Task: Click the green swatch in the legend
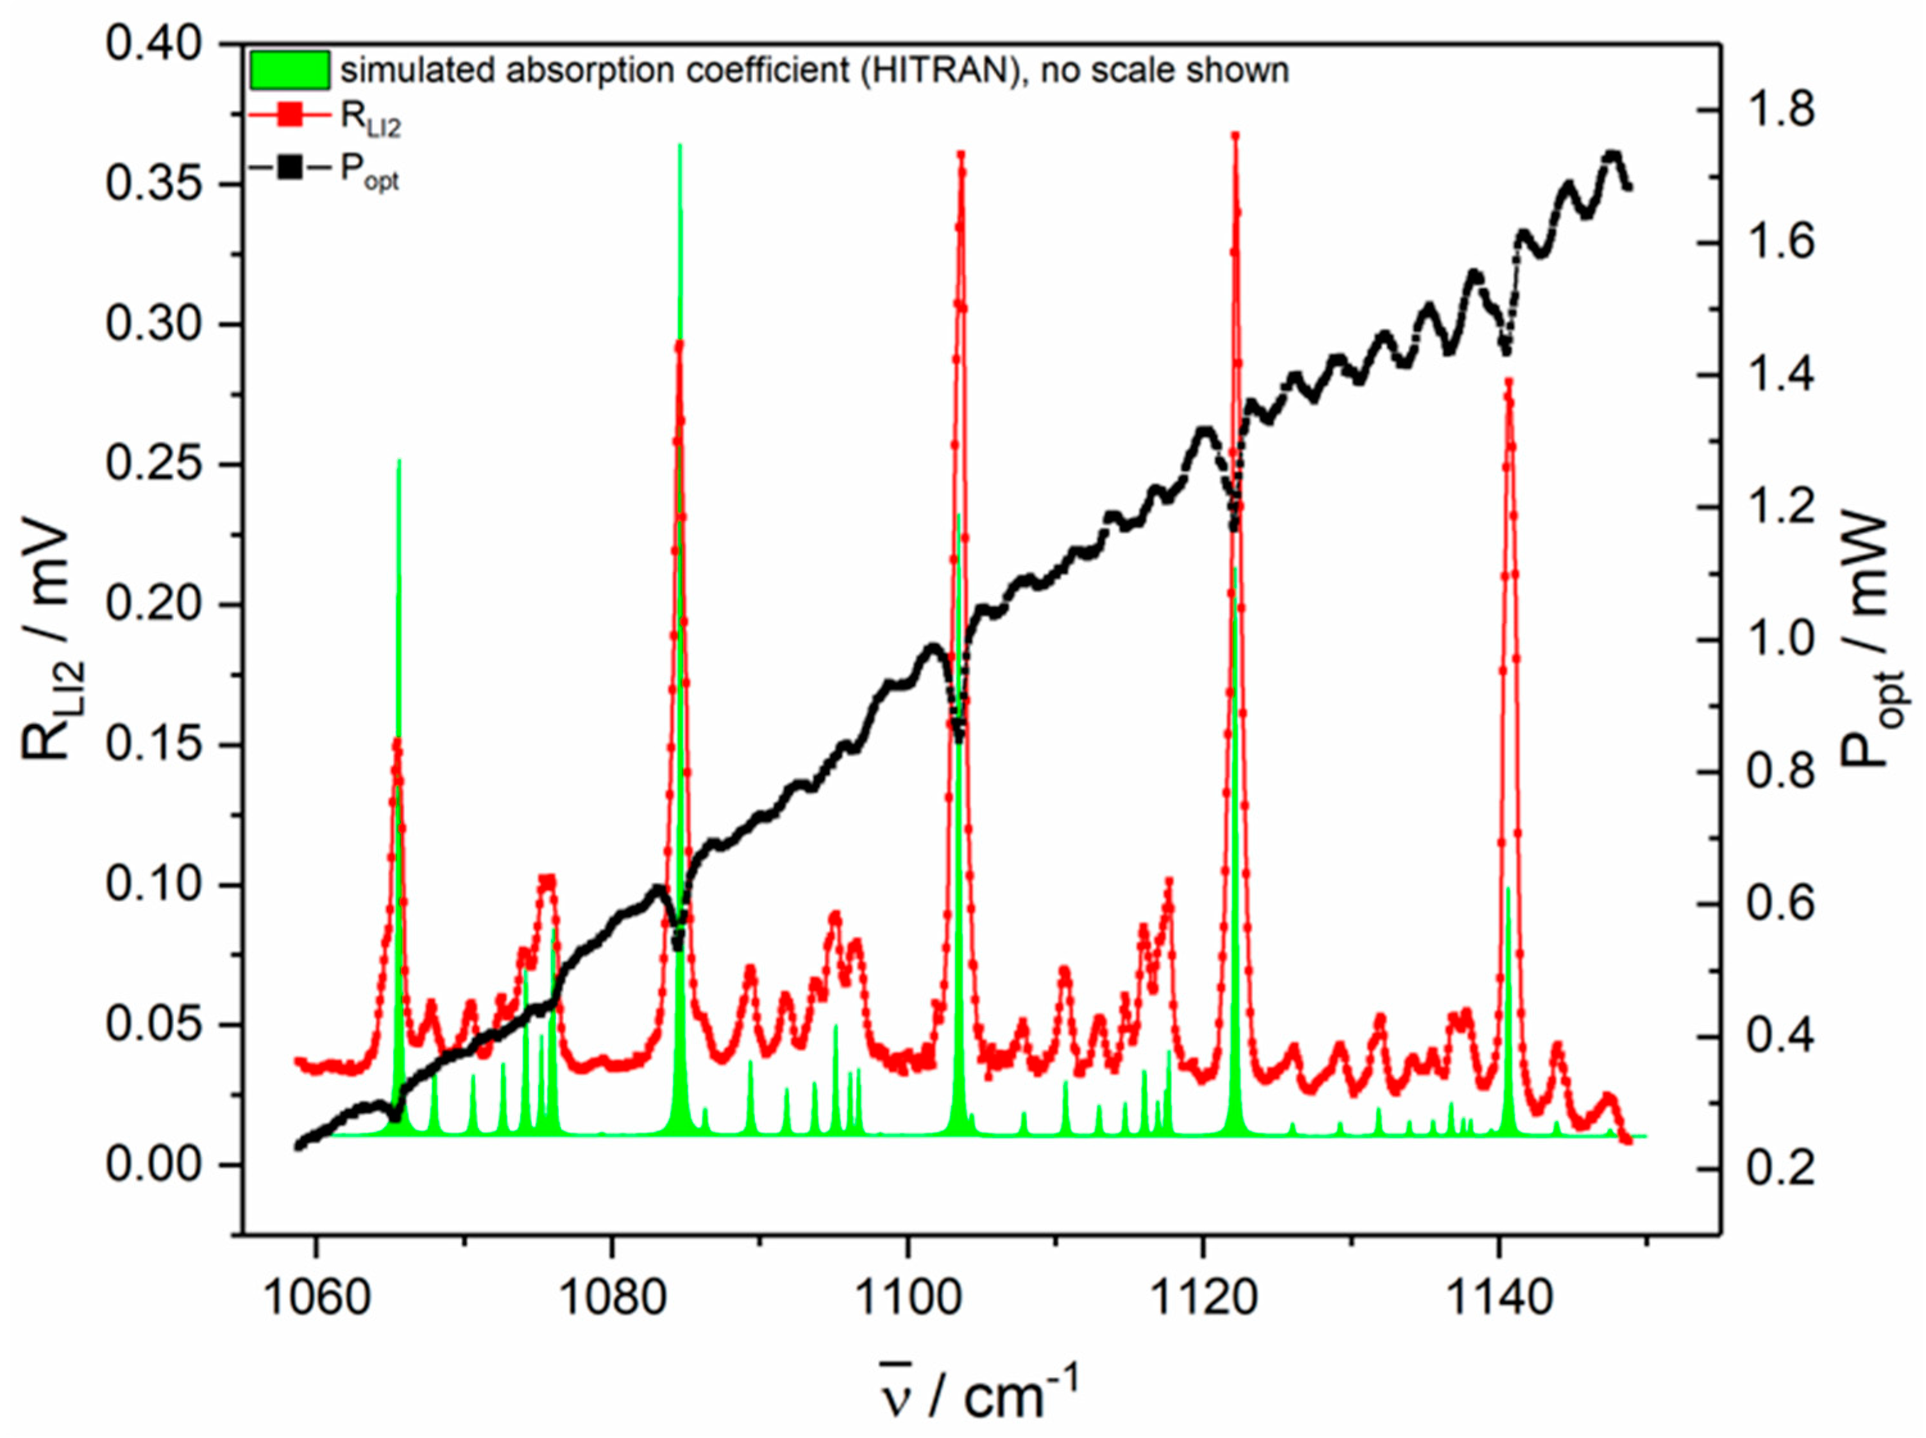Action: coord(290,70)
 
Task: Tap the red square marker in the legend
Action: coord(290,116)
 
